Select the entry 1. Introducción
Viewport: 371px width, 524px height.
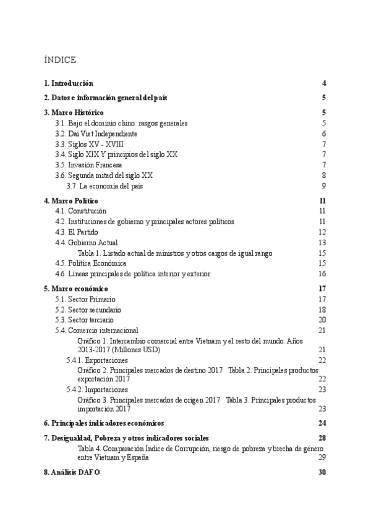click(x=69, y=83)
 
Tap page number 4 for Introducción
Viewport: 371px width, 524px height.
click(x=324, y=83)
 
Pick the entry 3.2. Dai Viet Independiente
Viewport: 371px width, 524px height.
click(x=96, y=133)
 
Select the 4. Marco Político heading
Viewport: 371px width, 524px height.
click(x=70, y=201)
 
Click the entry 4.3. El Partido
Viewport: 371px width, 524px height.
click(x=77, y=232)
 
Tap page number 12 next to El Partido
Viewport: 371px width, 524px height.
click(x=322, y=232)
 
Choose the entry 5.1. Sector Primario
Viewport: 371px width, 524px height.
click(x=85, y=299)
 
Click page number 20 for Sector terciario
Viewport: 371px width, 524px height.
click(x=322, y=320)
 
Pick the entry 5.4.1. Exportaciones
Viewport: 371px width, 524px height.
click(x=97, y=360)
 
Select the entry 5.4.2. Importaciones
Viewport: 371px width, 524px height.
click(x=97, y=390)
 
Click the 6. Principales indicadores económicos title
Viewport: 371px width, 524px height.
click(x=104, y=423)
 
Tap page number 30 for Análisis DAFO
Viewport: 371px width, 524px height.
click(x=322, y=473)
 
